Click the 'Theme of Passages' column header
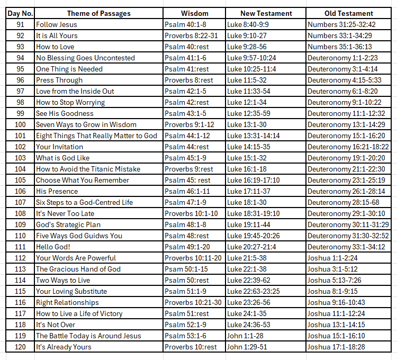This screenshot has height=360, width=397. click(x=98, y=13)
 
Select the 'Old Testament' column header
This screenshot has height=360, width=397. click(x=348, y=13)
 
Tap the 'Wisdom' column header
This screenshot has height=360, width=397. click(x=194, y=13)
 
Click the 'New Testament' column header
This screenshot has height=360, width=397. click(x=266, y=13)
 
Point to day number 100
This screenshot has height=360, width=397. click(x=20, y=124)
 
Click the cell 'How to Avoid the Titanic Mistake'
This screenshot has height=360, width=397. click(x=88, y=169)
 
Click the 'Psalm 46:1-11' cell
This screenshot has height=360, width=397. click(x=186, y=191)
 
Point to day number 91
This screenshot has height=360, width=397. click(x=20, y=24)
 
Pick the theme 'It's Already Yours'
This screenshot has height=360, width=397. click(x=64, y=347)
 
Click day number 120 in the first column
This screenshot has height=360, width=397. click(x=20, y=347)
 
